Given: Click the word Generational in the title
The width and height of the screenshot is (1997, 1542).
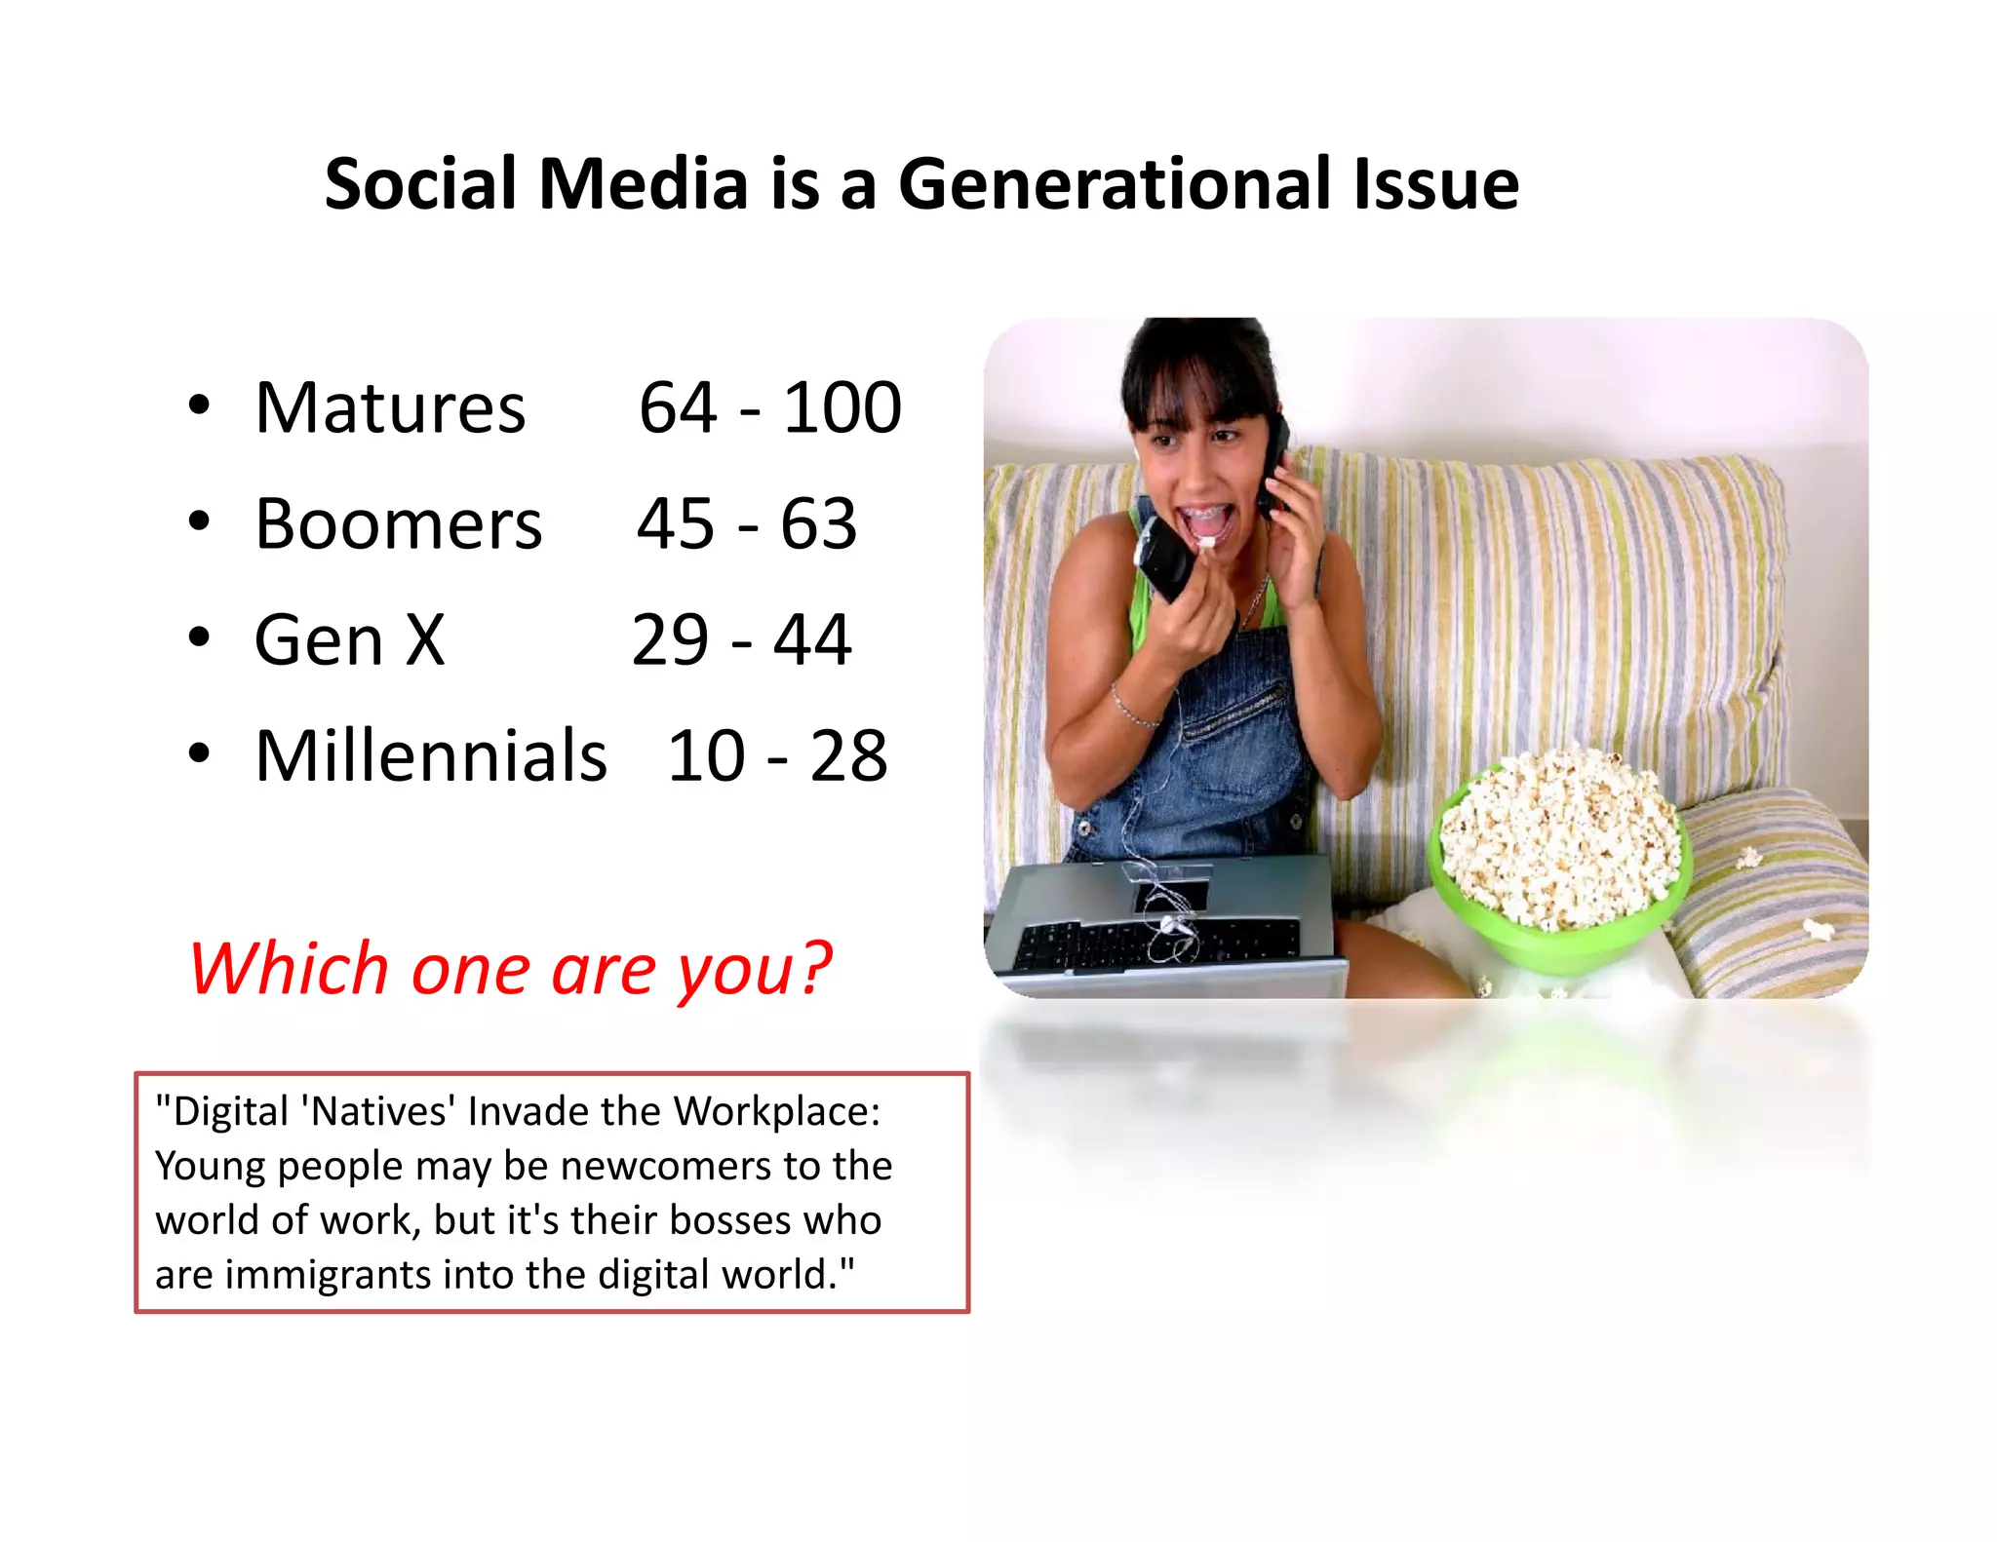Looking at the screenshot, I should pyautogui.click(x=1113, y=184).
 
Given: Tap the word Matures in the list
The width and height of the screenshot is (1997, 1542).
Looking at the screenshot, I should pyautogui.click(x=390, y=407).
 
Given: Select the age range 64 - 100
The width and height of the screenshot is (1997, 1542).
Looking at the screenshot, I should pyautogui.click(x=769, y=407).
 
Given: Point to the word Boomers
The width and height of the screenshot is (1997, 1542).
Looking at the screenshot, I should pyautogui.click(x=398, y=524).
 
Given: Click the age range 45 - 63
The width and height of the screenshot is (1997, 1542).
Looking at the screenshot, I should pyautogui.click(x=747, y=524).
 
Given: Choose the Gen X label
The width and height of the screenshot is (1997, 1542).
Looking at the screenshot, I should pyautogui.click(x=349, y=640).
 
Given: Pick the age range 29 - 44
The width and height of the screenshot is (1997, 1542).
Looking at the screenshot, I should pyautogui.click(x=741, y=640).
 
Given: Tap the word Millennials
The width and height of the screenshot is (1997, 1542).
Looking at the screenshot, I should pyautogui.click(x=430, y=756).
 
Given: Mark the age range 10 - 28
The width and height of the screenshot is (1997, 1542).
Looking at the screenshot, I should pyautogui.click(x=777, y=756).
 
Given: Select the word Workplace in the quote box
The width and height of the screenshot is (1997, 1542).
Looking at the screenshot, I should pyautogui.click(x=776, y=1111).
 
